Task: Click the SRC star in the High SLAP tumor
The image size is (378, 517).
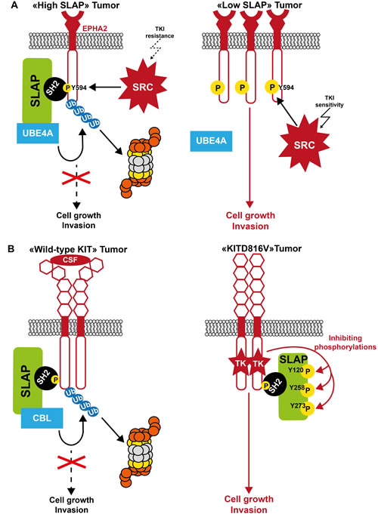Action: click(143, 86)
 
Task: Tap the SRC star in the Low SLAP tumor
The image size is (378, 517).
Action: click(304, 144)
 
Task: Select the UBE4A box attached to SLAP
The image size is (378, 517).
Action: click(38, 133)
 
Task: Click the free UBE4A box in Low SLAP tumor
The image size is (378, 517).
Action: click(211, 141)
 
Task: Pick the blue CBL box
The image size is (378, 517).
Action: click(42, 418)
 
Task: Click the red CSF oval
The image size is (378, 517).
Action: click(70, 260)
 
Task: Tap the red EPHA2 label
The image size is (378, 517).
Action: click(94, 29)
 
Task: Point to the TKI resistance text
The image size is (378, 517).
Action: click(160, 32)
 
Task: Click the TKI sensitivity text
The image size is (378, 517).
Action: click(329, 101)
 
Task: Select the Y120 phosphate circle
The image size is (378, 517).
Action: click(308, 371)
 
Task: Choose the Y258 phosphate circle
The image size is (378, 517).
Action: click(308, 390)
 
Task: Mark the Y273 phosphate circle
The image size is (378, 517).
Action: click(308, 408)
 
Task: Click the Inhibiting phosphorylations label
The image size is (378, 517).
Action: click(345, 342)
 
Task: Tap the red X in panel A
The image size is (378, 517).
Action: click(76, 177)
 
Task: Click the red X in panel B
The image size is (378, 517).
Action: click(71, 462)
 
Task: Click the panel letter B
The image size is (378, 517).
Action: click(11, 248)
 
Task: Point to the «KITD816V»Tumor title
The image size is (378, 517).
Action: click(262, 248)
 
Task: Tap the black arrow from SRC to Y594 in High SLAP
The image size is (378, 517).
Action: click(105, 88)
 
